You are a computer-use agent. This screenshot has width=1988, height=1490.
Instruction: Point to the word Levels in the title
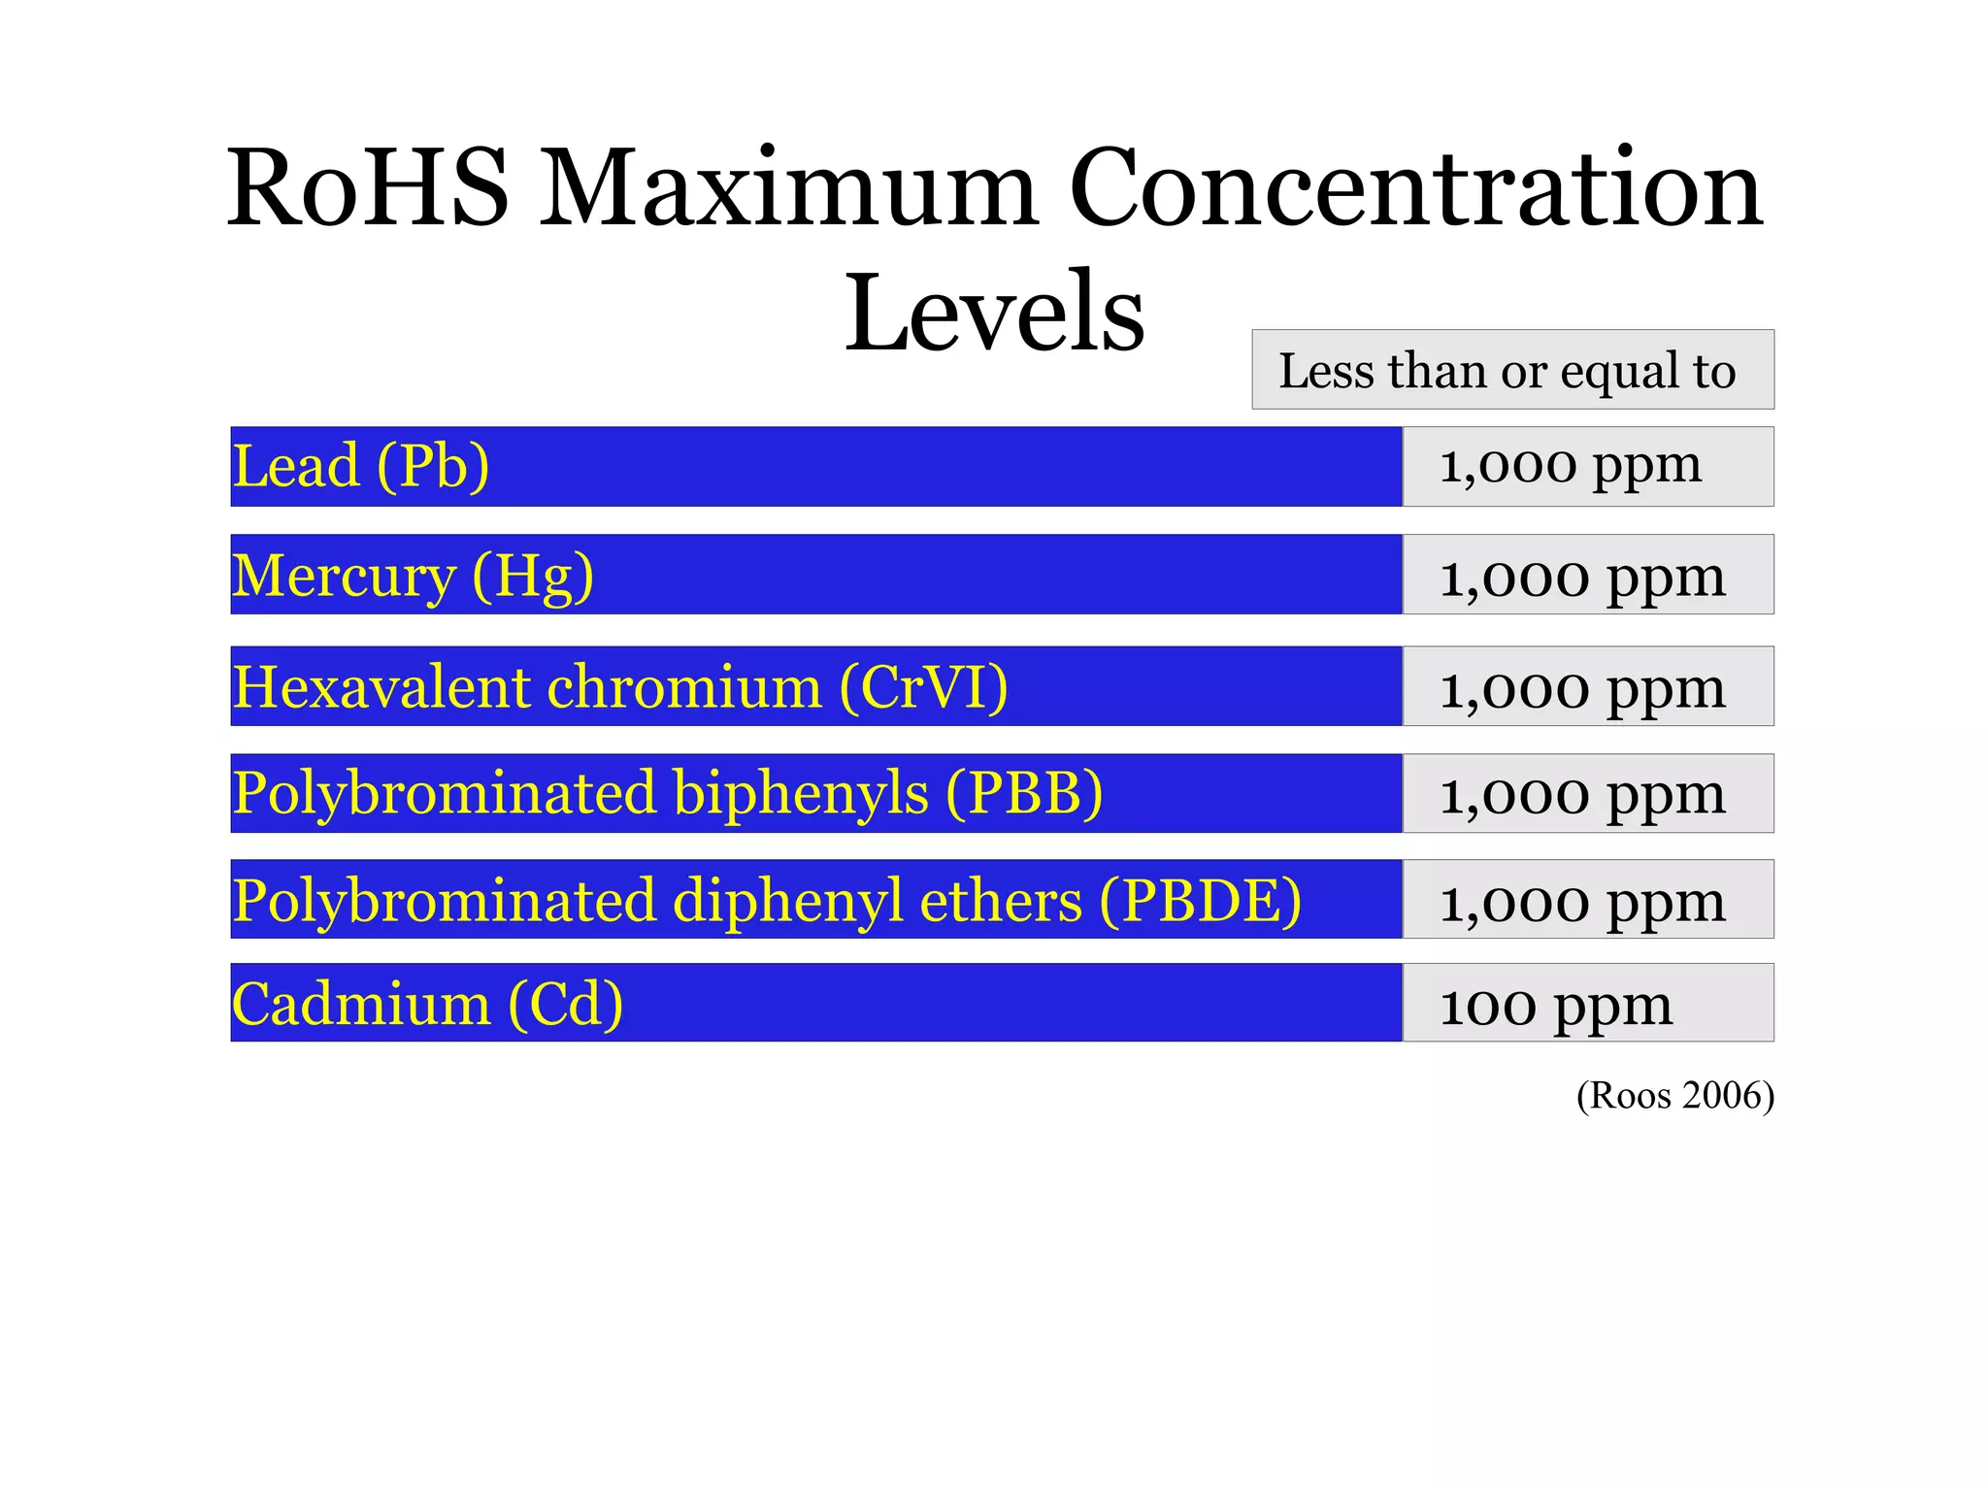[994, 312]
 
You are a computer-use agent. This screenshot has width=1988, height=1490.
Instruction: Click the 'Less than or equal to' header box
[1511, 370]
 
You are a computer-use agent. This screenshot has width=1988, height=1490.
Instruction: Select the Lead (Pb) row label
[361, 466]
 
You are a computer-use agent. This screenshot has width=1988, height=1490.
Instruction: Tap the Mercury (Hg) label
[413, 575]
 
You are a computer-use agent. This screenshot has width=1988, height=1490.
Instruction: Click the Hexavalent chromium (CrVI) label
[620, 686]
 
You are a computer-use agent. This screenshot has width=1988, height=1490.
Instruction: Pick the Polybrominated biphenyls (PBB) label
[668, 793]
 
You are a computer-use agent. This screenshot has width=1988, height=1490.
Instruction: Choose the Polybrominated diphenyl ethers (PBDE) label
[767, 900]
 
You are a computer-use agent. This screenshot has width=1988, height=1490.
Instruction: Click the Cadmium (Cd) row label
[427, 1003]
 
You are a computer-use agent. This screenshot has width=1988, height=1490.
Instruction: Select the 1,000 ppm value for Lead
[1571, 466]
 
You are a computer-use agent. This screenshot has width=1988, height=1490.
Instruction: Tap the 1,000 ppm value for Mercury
[1582, 576]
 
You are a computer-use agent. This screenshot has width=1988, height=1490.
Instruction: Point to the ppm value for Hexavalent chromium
[1582, 687]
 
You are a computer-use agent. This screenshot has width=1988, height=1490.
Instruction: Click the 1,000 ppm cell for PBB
[1582, 794]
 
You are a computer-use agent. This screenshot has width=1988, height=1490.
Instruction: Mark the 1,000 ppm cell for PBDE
[1582, 901]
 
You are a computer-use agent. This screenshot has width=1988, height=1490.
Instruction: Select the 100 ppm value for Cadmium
[1556, 1004]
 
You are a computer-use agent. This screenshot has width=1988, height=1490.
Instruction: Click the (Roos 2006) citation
[1674, 1095]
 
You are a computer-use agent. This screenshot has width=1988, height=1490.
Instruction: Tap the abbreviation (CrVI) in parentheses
[924, 686]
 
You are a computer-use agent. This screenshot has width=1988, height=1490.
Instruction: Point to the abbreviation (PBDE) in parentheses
[1200, 900]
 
